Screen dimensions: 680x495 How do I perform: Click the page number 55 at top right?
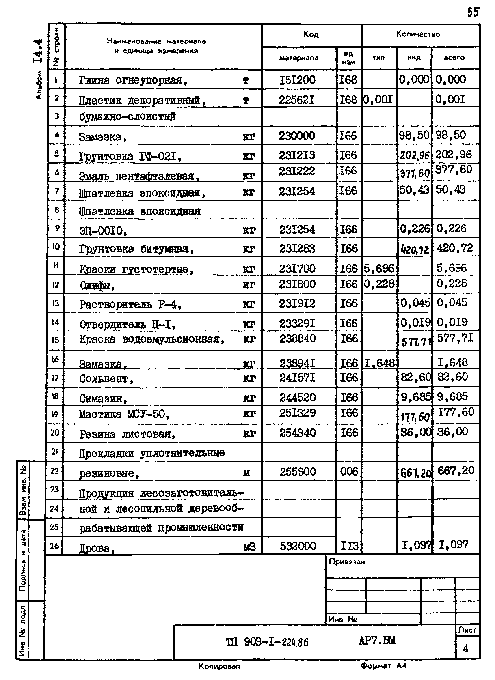coord(473,13)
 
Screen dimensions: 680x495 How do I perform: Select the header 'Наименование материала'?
coord(156,41)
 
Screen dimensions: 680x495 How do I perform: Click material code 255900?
coord(298,472)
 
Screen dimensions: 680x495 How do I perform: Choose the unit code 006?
coord(349,472)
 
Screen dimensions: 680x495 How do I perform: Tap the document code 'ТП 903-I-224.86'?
coord(267,642)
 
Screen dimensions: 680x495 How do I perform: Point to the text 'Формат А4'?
coord(383,666)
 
